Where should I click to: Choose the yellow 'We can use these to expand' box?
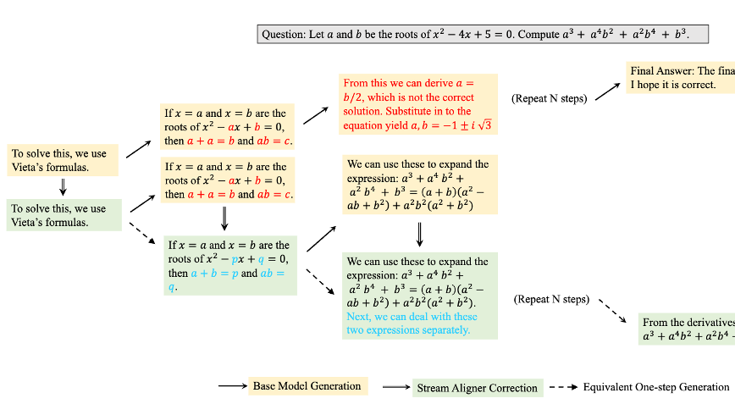[417, 185]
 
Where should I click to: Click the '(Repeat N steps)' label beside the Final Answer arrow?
[549, 98]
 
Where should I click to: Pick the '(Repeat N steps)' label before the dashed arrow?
[550, 299]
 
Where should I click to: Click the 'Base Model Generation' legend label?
[307, 386]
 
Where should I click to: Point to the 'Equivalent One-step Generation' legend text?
[655, 387]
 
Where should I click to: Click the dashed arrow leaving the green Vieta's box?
[145, 231]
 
